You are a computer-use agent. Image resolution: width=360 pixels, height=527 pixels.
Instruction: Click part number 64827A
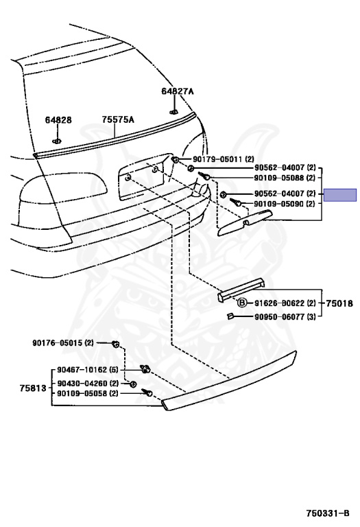point(178,91)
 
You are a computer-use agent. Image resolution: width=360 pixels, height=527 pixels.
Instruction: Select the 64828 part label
point(58,120)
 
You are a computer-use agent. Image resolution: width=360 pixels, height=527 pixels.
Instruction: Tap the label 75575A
point(118,119)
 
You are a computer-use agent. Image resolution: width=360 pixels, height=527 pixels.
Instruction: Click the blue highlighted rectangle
point(340,195)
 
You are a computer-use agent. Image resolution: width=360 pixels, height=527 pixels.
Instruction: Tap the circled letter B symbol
point(242,303)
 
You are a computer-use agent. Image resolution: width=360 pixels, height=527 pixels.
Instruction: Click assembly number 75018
point(339,303)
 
